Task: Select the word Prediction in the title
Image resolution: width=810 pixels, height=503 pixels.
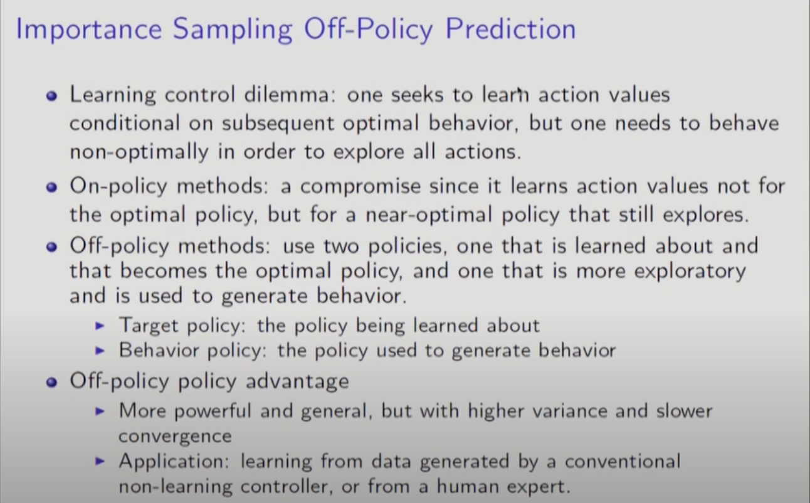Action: tap(510, 29)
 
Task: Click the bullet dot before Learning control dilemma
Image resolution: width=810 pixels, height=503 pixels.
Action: tap(51, 96)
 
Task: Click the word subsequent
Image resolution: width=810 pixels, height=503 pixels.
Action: tap(278, 124)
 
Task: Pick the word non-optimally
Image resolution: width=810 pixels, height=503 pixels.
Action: tap(139, 152)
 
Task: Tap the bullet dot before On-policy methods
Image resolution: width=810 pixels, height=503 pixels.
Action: tap(51, 187)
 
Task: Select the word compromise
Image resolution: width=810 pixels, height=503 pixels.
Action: tap(360, 187)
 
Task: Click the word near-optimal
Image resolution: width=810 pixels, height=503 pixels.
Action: tap(429, 214)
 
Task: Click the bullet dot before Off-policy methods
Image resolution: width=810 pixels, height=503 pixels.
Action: tap(51, 247)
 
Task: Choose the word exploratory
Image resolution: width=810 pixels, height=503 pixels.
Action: tap(690, 272)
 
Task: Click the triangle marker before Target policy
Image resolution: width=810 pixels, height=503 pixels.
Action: tap(100, 326)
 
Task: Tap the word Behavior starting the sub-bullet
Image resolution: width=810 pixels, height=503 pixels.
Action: tap(159, 351)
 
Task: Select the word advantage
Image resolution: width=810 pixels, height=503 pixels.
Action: tap(298, 381)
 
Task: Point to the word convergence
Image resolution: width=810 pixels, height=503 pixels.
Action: tap(175, 437)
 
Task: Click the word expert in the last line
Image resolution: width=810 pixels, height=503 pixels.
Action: tap(539, 487)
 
